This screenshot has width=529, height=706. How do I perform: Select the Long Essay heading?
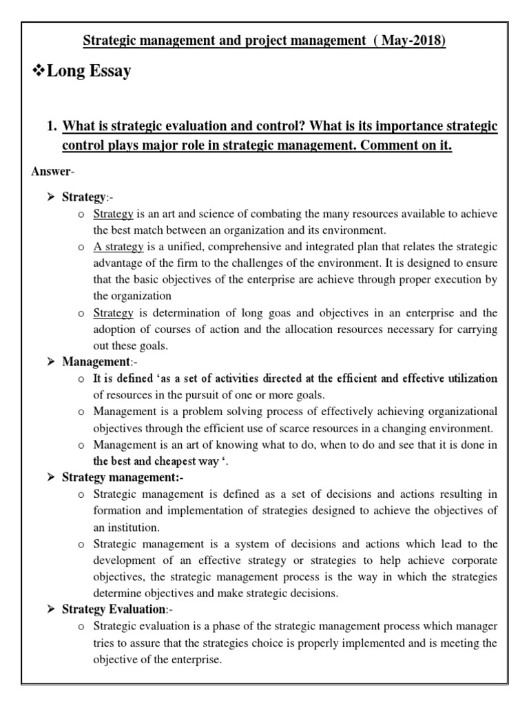(x=87, y=71)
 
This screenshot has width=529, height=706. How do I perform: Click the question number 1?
(x=50, y=128)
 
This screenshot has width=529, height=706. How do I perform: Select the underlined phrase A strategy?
(x=118, y=246)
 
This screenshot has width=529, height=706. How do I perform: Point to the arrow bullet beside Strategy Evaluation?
(x=50, y=609)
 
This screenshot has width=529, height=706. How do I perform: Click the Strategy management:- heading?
(x=123, y=477)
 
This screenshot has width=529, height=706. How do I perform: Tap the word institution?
(x=128, y=527)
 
